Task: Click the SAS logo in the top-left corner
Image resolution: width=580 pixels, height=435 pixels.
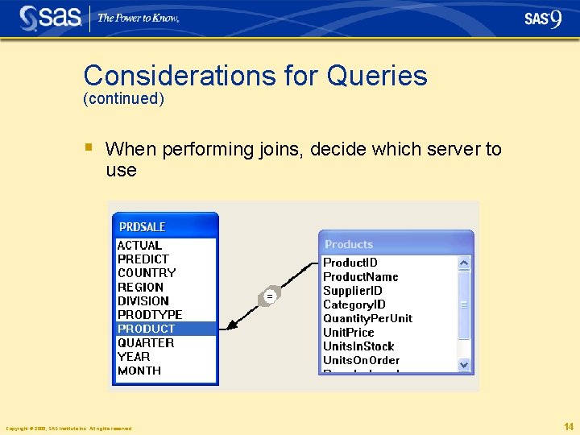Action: tap(50, 18)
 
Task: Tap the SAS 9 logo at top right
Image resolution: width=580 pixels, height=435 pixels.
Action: tap(543, 19)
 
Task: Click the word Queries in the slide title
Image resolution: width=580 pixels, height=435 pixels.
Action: tap(376, 76)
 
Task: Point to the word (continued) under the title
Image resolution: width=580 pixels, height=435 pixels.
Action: tap(123, 99)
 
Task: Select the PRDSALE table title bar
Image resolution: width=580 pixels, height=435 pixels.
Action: tap(166, 226)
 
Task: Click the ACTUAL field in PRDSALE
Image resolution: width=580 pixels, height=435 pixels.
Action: tap(139, 245)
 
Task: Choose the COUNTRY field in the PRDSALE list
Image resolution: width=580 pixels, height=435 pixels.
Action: tap(146, 273)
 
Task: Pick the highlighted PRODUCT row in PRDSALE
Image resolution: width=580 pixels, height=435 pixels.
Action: tap(146, 329)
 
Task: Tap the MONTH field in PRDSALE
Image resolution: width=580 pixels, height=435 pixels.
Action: tap(139, 371)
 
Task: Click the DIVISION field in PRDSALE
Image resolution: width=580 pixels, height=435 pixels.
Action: tap(143, 300)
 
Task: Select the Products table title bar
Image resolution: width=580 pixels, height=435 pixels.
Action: tap(396, 244)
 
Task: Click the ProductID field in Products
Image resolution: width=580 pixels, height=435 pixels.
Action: tap(350, 263)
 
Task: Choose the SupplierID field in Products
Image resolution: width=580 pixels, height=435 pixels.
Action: tap(352, 291)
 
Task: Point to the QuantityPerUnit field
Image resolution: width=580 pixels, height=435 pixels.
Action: tap(367, 318)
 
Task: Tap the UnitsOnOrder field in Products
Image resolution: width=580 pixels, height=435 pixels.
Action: tap(361, 360)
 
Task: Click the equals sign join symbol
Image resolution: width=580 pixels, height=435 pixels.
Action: tap(270, 296)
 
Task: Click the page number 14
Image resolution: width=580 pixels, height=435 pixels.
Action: tap(568, 427)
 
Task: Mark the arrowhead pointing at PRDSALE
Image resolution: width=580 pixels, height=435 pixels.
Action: tap(230, 325)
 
